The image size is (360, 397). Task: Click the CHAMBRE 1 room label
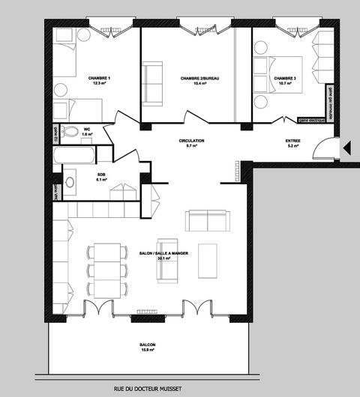tap(99, 78)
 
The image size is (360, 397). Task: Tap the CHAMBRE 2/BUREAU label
tap(193, 78)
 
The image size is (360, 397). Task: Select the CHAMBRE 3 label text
tap(284, 78)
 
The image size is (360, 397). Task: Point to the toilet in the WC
tap(71, 133)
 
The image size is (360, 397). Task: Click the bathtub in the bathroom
tap(74, 155)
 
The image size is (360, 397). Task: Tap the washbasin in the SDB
tap(70, 181)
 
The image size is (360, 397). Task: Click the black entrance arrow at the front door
tap(346, 148)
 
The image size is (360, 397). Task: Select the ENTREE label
tap(293, 141)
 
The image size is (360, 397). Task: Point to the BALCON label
tap(148, 345)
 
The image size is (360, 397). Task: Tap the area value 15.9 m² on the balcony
tap(148, 351)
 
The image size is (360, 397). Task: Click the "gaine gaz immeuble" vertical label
tap(329, 98)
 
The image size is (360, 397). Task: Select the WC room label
tap(87, 128)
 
